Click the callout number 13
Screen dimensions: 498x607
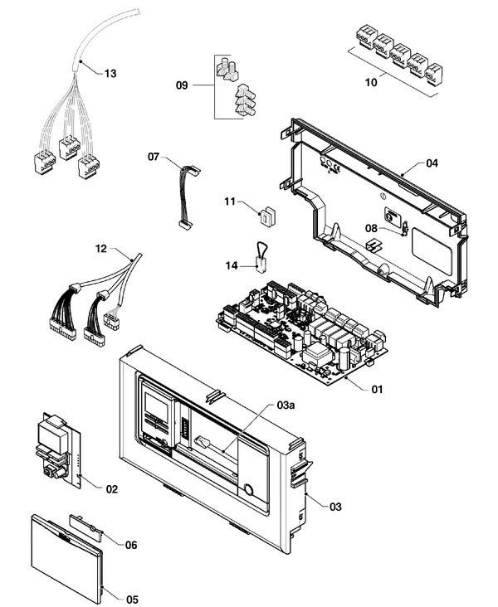pyautogui.click(x=110, y=73)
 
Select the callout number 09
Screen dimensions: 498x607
pyautogui.click(x=182, y=85)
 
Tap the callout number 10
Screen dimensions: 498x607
pyautogui.click(x=371, y=82)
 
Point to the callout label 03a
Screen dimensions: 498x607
pyautogui.click(x=286, y=405)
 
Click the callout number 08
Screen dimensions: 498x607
pyautogui.click(x=371, y=228)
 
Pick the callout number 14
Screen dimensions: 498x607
pyautogui.click(x=232, y=266)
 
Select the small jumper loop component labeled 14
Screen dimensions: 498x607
pyautogui.click(x=262, y=257)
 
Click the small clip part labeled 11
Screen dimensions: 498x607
pyautogui.click(x=267, y=216)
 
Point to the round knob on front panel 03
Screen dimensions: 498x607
pyautogui.click(x=248, y=490)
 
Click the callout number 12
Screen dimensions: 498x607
pyautogui.click(x=101, y=249)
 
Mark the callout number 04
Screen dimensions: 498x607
pyautogui.click(x=432, y=163)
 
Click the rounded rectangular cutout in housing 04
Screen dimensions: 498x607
pyautogui.click(x=432, y=245)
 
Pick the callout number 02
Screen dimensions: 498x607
pyautogui.click(x=111, y=489)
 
